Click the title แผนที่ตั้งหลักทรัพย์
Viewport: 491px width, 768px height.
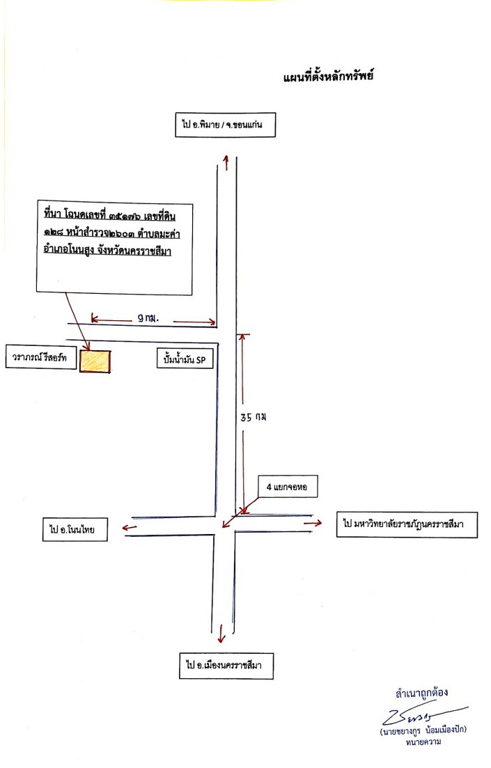[x=328, y=77]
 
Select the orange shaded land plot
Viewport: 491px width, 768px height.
[x=95, y=361]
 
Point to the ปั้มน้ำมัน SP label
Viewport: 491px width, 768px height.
[x=185, y=359]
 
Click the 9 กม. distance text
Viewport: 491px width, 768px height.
[x=148, y=318]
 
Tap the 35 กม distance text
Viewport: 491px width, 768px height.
[x=254, y=417]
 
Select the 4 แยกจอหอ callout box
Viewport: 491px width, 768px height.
[x=288, y=487]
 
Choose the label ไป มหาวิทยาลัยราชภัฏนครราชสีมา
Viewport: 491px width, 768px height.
[x=407, y=524]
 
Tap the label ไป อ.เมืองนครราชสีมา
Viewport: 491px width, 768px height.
[x=226, y=665]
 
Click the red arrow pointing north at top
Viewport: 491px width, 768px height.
[x=226, y=163]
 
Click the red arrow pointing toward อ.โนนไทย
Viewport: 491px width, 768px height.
[x=130, y=528]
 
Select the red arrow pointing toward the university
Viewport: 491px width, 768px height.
[x=313, y=523]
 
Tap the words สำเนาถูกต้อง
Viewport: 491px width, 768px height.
[x=421, y=693]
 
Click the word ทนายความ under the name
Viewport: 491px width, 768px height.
[x=423, y=742]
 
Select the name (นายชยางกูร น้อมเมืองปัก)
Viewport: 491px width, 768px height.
[x=423, y=731]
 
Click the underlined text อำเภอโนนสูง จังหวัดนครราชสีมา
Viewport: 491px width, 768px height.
[x=107, y=251]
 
